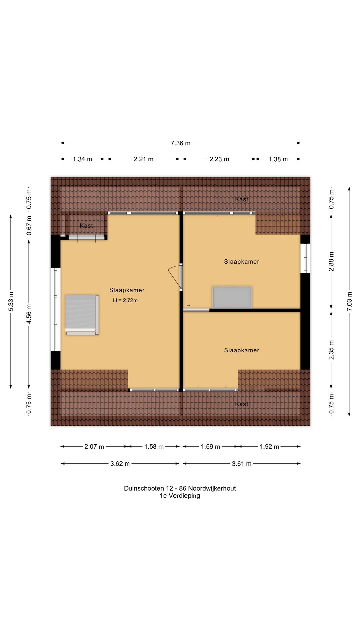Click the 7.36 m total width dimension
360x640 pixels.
pyautogui.click(x=180, y=143)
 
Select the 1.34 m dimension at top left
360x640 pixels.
pyautogui.click(x=82, y=159)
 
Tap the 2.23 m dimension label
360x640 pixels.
pyautogui.click(x=219, y=159)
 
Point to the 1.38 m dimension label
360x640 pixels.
pyautogui.click(x=278, y=159)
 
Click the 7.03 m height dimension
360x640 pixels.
pyautogui.click(x=349, y=301)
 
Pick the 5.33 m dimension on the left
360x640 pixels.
pyautogui.click(x=11, y=301)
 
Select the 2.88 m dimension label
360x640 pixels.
pyautogui.click(x=331, y=262)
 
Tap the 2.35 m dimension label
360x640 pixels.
pyautogui.click(x=331, y=350)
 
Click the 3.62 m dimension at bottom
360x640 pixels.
pyautogui.click(x=120, y=464)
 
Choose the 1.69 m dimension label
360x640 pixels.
pyautogui.click(x=210, y=447)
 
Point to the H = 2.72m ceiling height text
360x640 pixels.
pyautogui.click(x=125, y=300)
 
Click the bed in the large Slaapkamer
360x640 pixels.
pyautogui.click(x=82, y=315)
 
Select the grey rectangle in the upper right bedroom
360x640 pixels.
pyautogui.click(x=232, y=297)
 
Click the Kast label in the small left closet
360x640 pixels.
pyautogui.click(x=86, y=226)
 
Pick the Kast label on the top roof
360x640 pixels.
pyautogui.click(x=242, y=199)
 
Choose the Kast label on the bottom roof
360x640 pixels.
pyautogui.click(x=242, y=404)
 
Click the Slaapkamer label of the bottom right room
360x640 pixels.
pyautogui.click(x=242, y=350)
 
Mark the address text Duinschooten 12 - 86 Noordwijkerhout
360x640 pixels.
pyautogui.click(x=180, y=488)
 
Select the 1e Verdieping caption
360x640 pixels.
pyautogui.click(x=180, y=496)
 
